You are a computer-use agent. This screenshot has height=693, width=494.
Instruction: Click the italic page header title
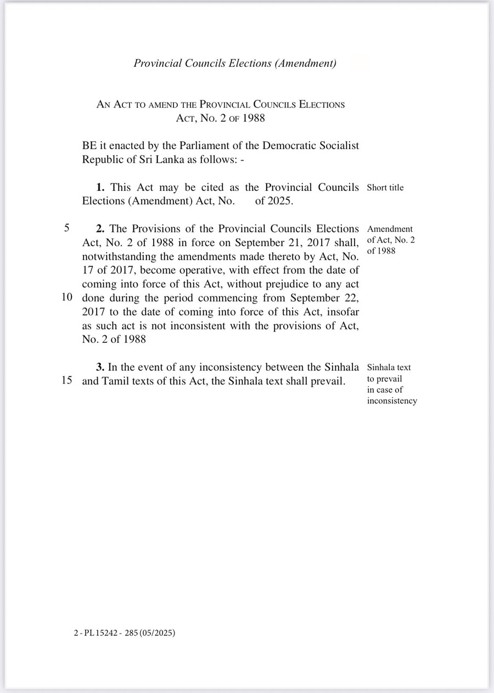point(235,63)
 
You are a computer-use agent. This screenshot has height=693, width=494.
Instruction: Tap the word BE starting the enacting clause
point(89,146)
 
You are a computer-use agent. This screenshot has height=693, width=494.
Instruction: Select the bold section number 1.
point(100,187)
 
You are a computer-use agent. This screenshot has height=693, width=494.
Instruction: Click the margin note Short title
point(385,188)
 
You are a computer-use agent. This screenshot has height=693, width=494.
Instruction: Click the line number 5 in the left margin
point(66,228)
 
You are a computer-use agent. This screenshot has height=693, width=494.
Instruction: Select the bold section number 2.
point(100,228)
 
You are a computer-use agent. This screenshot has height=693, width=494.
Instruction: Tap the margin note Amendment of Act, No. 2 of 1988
point(390,239)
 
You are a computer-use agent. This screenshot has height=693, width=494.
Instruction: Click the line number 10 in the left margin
point(67,298)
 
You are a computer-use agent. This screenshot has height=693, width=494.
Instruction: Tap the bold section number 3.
point(100,367)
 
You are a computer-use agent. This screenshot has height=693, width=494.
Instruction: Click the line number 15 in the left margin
point(67,381)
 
